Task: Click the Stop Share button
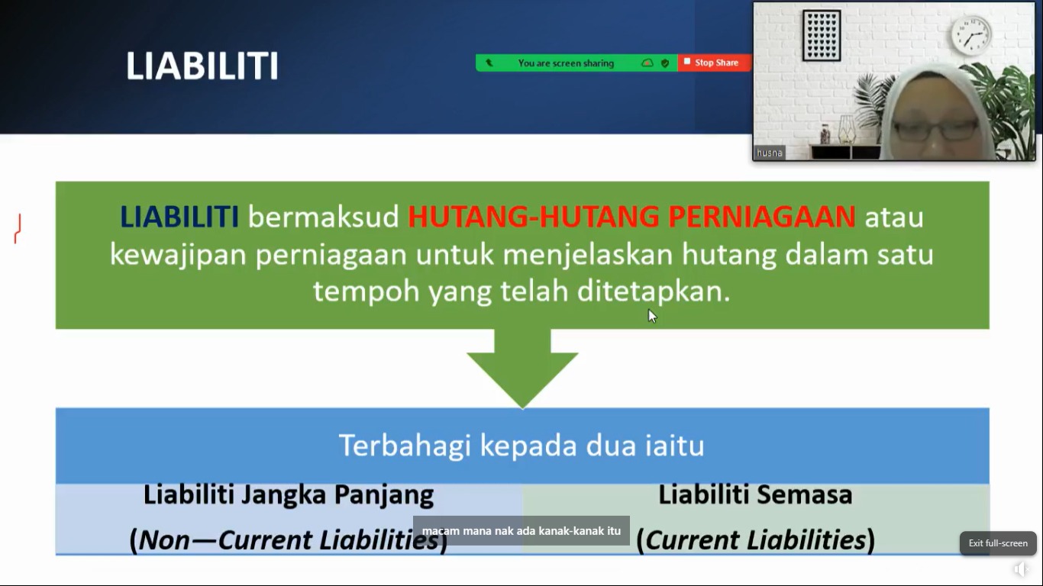(x=714, y=63)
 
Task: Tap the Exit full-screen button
(x=998, y=543)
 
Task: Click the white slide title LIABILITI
(x=202, y=66)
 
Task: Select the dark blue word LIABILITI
(x=179, y=217)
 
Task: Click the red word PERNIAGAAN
(x=762, y=217)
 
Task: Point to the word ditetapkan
(x=654, y=291)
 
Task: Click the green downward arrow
(x=522, y=369)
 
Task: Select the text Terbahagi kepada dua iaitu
(x=521, y=446)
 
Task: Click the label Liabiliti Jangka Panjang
(x=289, y=495)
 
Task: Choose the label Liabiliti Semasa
(x=755, y=494)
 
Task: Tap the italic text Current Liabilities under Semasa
(x=755, y=540)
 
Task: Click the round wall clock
(x=970, y=35)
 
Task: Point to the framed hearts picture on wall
(x=822, y=36)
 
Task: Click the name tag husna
(x=769, y=153)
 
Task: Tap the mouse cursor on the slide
(x=652, y=316)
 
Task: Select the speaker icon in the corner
(x=1020, y=569)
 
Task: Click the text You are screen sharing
(x=566, y=63)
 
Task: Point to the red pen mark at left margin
(x=18, y=229)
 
